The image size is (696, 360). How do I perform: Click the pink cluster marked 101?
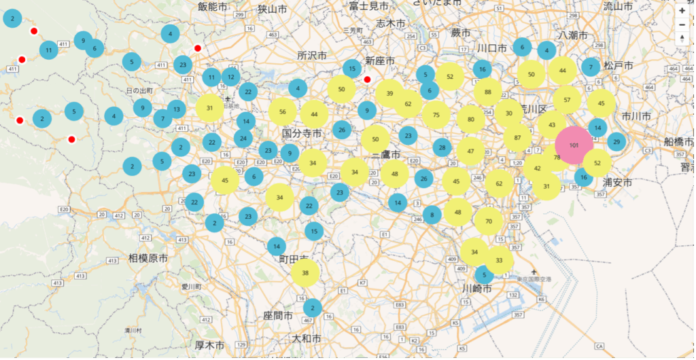tap(574, 145)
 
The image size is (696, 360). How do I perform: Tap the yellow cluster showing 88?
tap(488, 92)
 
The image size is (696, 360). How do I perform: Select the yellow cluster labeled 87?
tap(518, 137)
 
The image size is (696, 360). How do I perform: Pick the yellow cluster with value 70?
tap(488, 221)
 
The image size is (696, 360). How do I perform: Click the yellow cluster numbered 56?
tap(283, 112)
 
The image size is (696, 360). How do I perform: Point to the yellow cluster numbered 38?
tap(305, 272)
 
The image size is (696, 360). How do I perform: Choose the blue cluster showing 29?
tap(616, 141)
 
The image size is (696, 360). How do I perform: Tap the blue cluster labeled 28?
tap(442, 147)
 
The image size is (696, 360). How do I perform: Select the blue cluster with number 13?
tap(177, 109)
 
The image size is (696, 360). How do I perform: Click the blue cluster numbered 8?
tap(432, 216)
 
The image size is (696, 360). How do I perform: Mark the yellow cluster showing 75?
tap(436, 115)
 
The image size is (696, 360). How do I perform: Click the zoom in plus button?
tap(682, 11)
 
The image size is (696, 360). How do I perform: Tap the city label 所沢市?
tap(312, 56)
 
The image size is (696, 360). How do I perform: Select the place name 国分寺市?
tap(302, 134)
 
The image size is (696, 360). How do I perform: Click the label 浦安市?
tap(618, 183)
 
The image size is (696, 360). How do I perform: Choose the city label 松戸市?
tap(619, 66)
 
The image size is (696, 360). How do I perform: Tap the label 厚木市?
tap(209, 345)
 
